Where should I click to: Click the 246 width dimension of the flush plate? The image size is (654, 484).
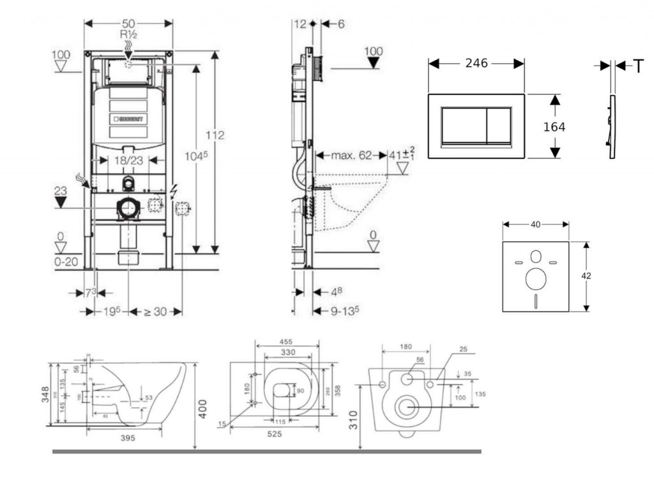click(x=476, y=63)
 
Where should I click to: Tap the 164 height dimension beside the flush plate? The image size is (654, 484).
click(x=554, y=127)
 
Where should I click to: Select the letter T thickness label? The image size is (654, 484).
click(x=638, y=66)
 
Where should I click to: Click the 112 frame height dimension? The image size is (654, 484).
click(x=216, y=135)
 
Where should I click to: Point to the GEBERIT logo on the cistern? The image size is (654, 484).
click(x=129, y=119)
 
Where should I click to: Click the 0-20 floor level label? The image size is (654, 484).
click(x=66, y=262)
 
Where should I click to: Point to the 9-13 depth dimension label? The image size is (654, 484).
click(x=344, y=311)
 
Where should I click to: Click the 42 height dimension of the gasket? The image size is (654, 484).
click(x=587, y=276)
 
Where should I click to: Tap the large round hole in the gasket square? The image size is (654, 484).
click(x=535, y=278)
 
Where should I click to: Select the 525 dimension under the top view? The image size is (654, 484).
click(x=275, y=434)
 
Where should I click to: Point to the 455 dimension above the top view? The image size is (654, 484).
click(x=287, y=342)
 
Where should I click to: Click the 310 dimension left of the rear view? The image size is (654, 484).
click(x=354, y=419)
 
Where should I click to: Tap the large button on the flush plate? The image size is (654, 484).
click(x=463, y=125)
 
